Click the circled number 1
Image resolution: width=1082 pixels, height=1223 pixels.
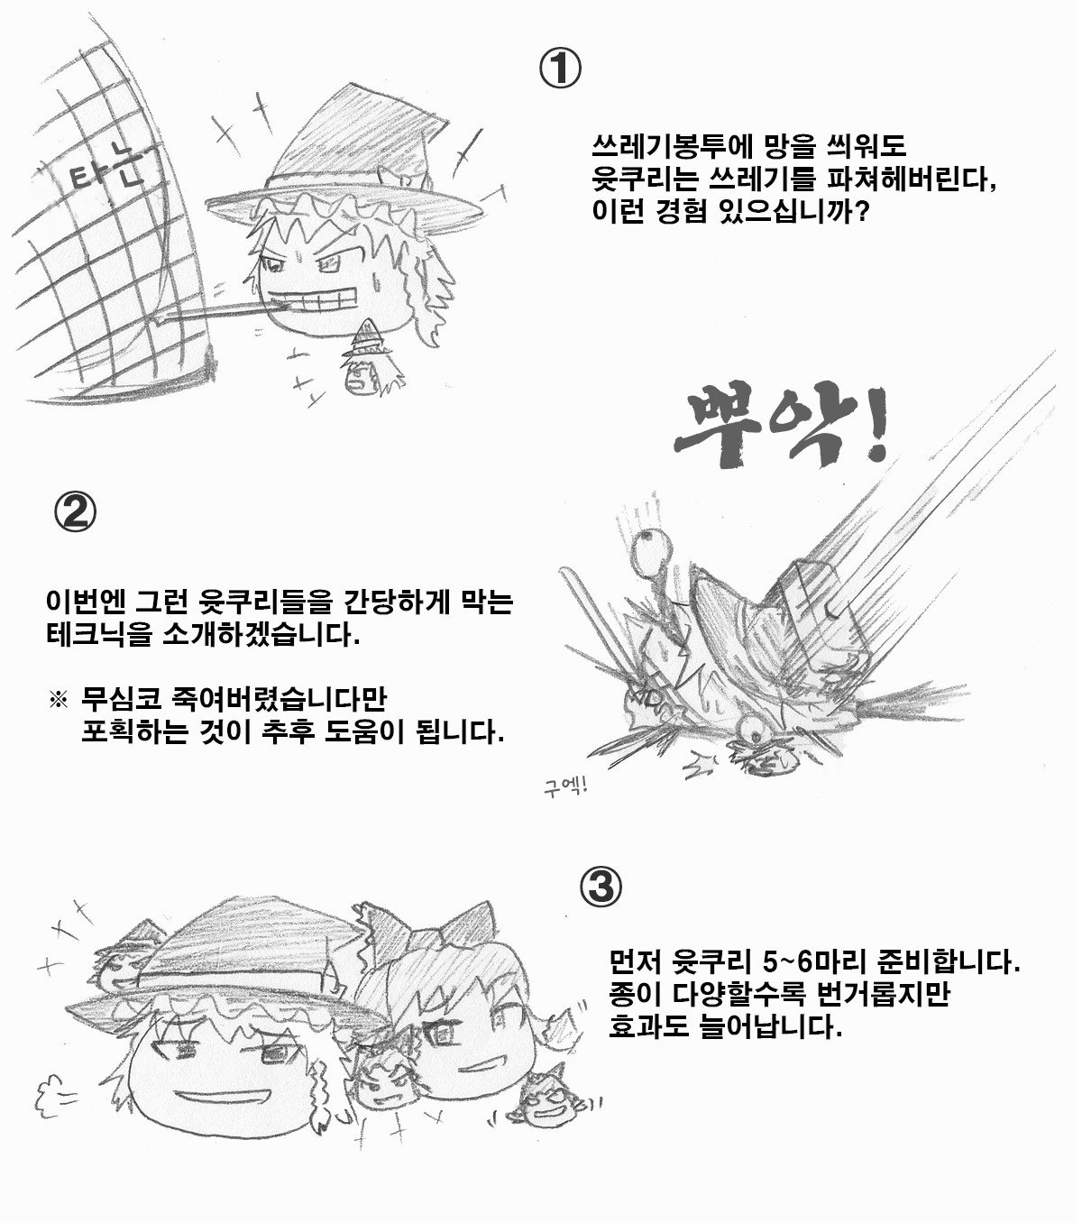(x=560, y=69)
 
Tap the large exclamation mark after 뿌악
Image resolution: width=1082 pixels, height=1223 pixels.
(x=873, y=426)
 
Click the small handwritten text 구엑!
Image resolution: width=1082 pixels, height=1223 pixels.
(x=564, y=786)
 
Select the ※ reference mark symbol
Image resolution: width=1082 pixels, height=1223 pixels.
(x=58, y=700)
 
